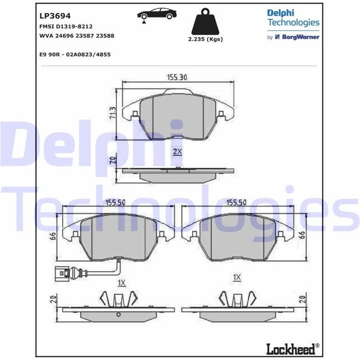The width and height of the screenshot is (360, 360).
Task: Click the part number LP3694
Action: tap(55, 16)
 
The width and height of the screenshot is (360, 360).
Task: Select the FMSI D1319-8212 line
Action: tap(66, 27)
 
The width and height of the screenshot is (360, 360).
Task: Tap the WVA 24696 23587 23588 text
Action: tap(77, 36)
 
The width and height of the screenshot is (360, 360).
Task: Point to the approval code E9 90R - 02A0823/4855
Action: tap(75, 55)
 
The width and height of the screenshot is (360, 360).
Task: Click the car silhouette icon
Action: tap(157, 15)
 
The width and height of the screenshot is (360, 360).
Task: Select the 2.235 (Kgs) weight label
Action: tap(206, 39)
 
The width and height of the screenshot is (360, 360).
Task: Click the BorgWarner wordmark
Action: tap(301, 37)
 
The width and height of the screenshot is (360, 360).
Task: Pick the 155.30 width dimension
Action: tap(177, 78)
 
